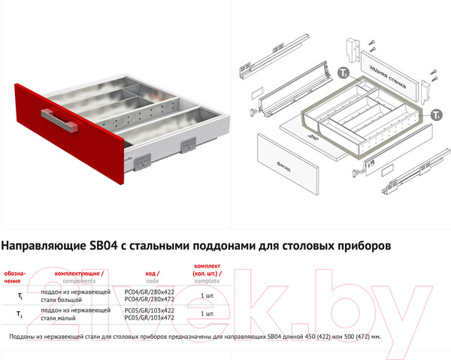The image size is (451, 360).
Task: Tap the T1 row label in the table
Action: pos(20,297)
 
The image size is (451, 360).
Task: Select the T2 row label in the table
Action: pos(20,315)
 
